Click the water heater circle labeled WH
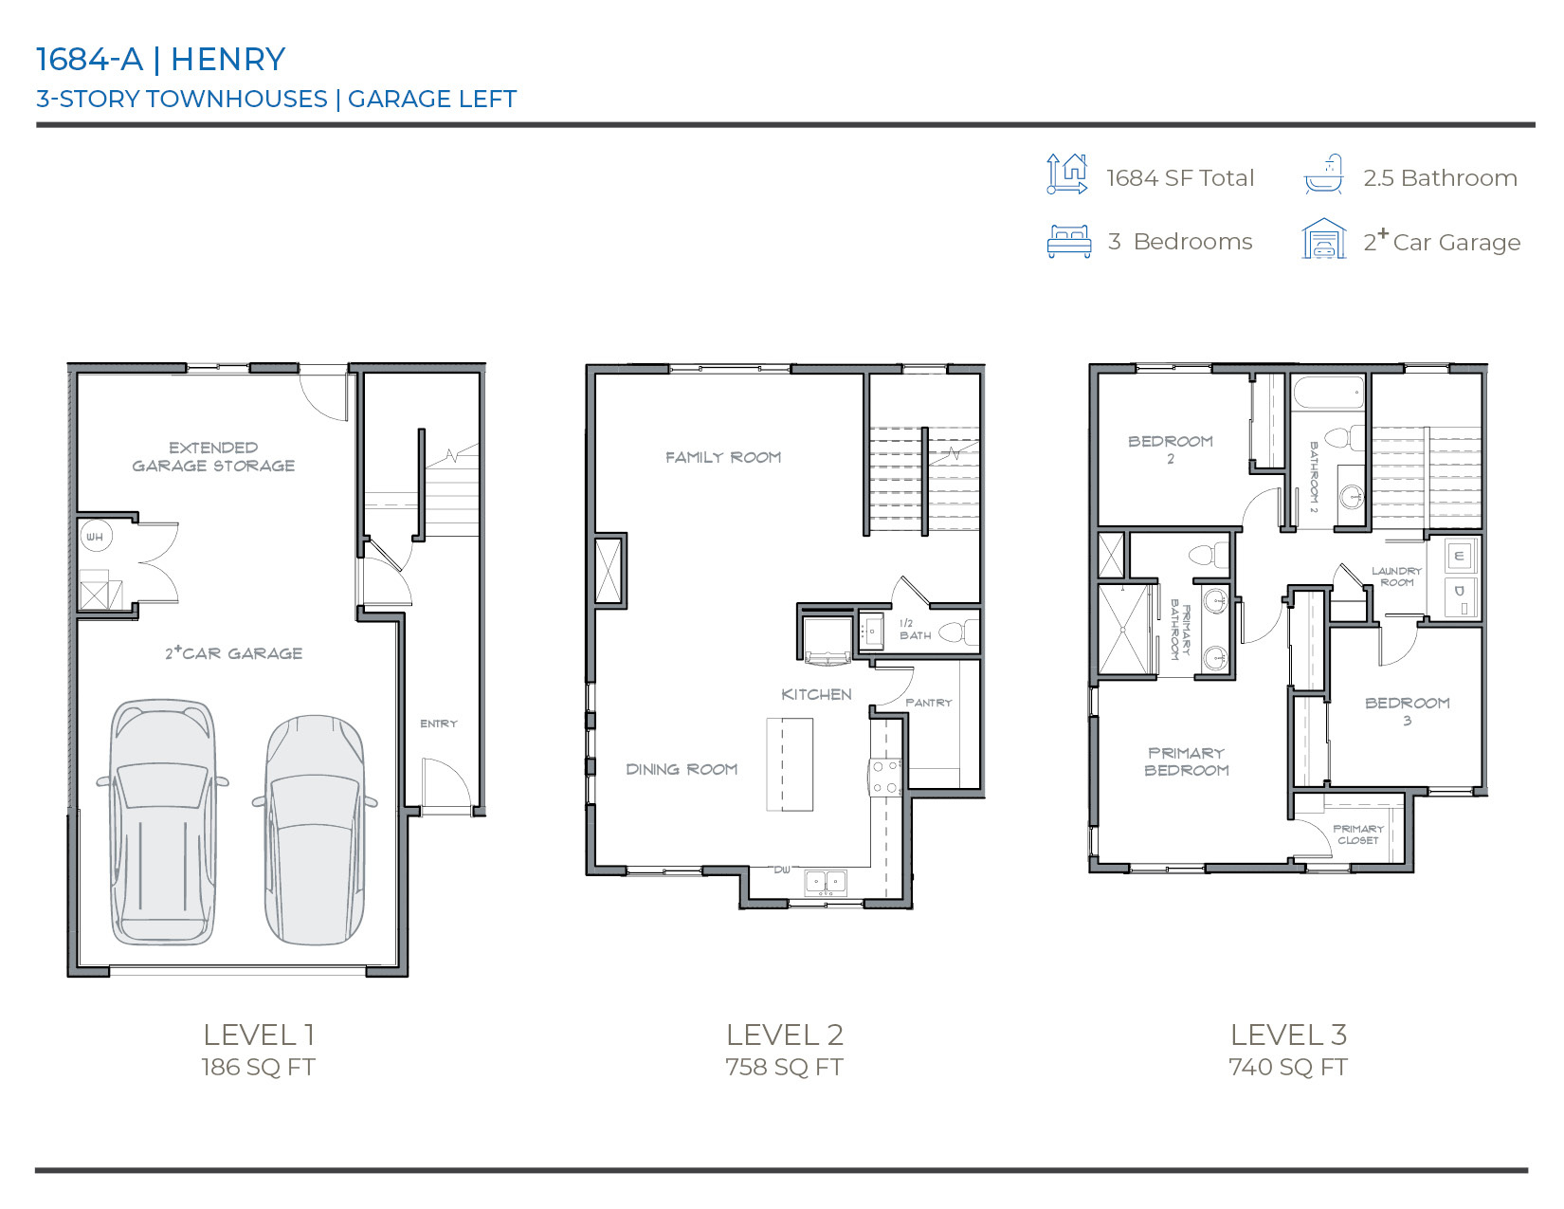pyautogui.click(x=95, y=537)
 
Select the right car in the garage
pyautogui.click(x=314, y=831)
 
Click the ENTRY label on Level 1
pyautogui.click(x=439, y=724)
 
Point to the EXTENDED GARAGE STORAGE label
pyautogui.click(x=213, y=456)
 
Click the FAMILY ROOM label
pyautogui.click(x=723, y=457)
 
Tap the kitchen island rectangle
pyautogui.click(x=790, y=764)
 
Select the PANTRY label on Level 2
pyautogui.click(x=928, y=703)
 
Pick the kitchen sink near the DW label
pyautogui.click(x=826, y=882)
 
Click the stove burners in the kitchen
pyautogui.click(x=886, y=777)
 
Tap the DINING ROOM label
pyautogui.click(x=682, y=769)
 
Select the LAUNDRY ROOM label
pyautogui.click(x=1396, y=577)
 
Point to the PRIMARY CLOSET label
pyautogui.click(x=1358, y=834)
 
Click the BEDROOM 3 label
pyautogui.click(x=1407, y=710)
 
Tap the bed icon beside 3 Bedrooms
pyautogui.click(x=1069, y=242)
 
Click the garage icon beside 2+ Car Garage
pyautogui.click(x=1323, y=239)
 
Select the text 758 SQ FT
pyautogui.click(x=784, y=1067)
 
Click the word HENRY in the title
pyautogui.click(x=227, y=59)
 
